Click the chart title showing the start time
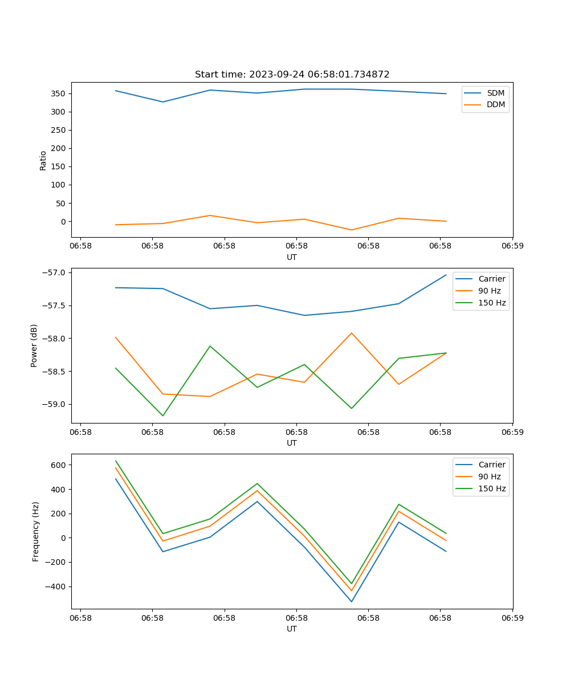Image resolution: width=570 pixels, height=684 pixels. click(292, 75)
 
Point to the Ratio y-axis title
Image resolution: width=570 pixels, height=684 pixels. click(43, 160)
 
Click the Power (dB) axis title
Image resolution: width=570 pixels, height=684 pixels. click(34, 345)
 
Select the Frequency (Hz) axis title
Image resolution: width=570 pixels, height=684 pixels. click(36, 531)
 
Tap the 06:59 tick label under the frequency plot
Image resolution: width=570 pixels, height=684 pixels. click(512, 618)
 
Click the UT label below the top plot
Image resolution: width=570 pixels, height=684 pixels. click(292, 257)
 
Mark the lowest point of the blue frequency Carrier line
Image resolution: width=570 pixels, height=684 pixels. click(351, 601)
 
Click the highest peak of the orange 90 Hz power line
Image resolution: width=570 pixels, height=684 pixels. click(351, 333)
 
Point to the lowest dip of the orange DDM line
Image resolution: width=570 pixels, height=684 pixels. click(351, 230)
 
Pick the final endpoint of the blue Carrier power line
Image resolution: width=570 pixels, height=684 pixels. click(446, 275)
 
